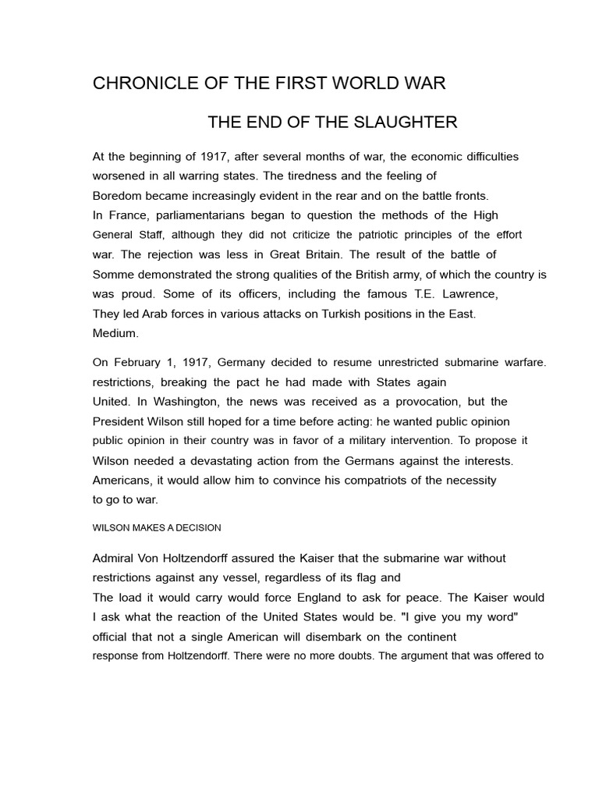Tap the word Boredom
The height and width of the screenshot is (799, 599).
[x=117, y=195]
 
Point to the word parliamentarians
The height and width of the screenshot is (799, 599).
[x=195, y=215]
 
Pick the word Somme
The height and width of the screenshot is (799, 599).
[x=113, y=274]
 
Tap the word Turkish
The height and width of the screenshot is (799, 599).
[x=334, y=314]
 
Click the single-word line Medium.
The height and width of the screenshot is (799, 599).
[x=115, y=333]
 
